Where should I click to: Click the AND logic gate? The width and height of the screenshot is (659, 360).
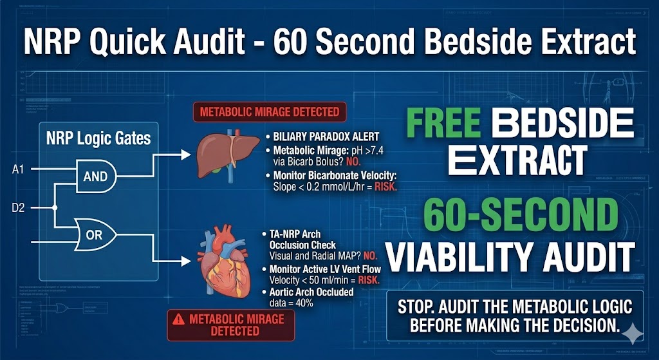tap(96, 176)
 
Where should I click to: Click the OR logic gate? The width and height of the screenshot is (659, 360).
tap(95, 234)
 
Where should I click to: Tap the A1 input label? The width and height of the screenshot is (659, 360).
tap(18, 170)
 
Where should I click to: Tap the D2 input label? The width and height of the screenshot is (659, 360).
tap(18, 208)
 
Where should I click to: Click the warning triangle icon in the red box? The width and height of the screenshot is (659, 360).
tap(179, 319)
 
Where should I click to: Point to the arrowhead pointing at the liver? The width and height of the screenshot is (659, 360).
tap(186, 155)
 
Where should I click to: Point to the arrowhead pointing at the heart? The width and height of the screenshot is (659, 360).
tap(186, 261)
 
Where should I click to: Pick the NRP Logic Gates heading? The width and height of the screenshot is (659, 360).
tap(98, 138)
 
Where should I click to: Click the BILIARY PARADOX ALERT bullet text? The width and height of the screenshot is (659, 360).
tap(326, 137)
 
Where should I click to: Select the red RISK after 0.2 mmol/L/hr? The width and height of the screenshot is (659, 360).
tap(386, 187)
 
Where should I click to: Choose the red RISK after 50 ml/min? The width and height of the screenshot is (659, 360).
tap(368, 280)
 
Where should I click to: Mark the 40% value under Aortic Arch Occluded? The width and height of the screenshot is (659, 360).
tap(304, 303)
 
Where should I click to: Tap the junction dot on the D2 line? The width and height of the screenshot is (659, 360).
tap(55, 208)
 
